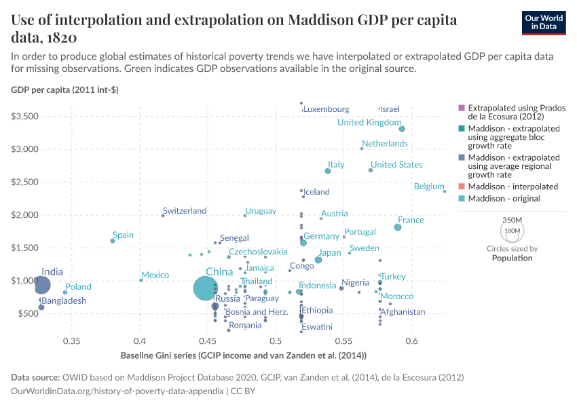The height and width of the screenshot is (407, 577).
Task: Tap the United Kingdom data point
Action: point(402,129)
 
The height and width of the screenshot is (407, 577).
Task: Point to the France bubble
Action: point(398,227)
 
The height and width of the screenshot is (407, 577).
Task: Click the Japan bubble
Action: point(318,260)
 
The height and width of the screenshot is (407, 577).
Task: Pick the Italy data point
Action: point(328,171)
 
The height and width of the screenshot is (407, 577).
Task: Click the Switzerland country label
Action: point(185,211)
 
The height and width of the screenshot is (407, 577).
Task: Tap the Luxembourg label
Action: point(326,109)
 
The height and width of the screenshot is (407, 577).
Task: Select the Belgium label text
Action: point(428,187)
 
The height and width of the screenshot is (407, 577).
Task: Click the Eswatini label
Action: point(317,327)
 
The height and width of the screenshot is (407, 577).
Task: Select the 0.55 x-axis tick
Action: point(343,341)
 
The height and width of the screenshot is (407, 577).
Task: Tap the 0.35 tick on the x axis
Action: point(71,341)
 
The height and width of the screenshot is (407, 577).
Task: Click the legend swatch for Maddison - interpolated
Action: point(462,187)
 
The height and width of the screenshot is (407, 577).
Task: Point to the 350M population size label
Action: point(512,220)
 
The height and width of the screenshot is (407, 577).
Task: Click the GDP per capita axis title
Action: point(65,90)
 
